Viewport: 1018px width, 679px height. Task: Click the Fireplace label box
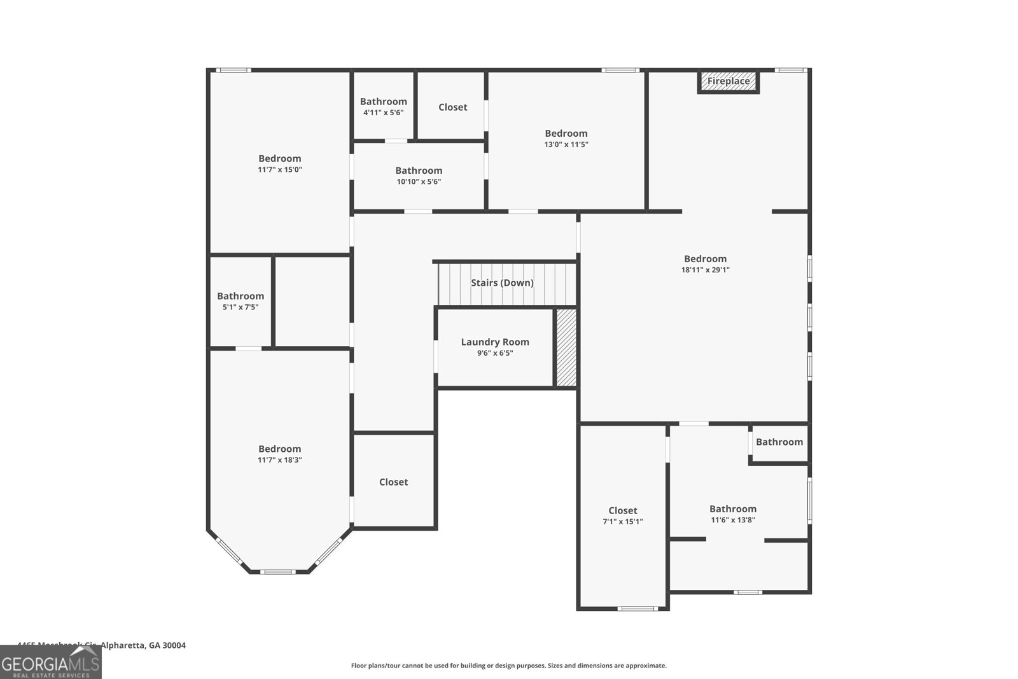[729, 81]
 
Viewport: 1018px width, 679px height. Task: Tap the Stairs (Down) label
[502, 283]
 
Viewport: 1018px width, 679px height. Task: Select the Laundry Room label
[495, 342]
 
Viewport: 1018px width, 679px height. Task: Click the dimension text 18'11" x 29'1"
[705, 270]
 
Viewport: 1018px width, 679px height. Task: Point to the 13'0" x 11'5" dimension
[566, 144]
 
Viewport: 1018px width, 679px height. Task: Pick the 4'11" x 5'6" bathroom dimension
[383, 113]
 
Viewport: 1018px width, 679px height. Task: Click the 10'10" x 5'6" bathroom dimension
[419, 182]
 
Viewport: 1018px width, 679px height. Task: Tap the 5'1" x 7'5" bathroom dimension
[240, 307]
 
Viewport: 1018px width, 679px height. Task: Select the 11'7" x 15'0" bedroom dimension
[279, 170]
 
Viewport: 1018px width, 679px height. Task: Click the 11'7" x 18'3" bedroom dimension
[279, 460]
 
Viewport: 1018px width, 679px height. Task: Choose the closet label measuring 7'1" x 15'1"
[622, 510]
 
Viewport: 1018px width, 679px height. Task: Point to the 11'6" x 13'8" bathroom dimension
[733, 520]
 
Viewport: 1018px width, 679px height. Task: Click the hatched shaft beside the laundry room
[566, 347]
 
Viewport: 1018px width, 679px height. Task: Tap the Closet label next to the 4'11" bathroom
[452, 107]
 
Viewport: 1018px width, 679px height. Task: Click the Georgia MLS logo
[50, 662]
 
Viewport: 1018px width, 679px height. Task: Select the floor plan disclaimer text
[508, 666]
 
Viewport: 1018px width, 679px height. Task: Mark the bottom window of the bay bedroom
[278, 572]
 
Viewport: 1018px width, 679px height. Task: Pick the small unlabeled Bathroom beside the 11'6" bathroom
[779, 442]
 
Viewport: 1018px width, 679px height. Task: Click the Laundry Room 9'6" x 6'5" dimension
[495, 353]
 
